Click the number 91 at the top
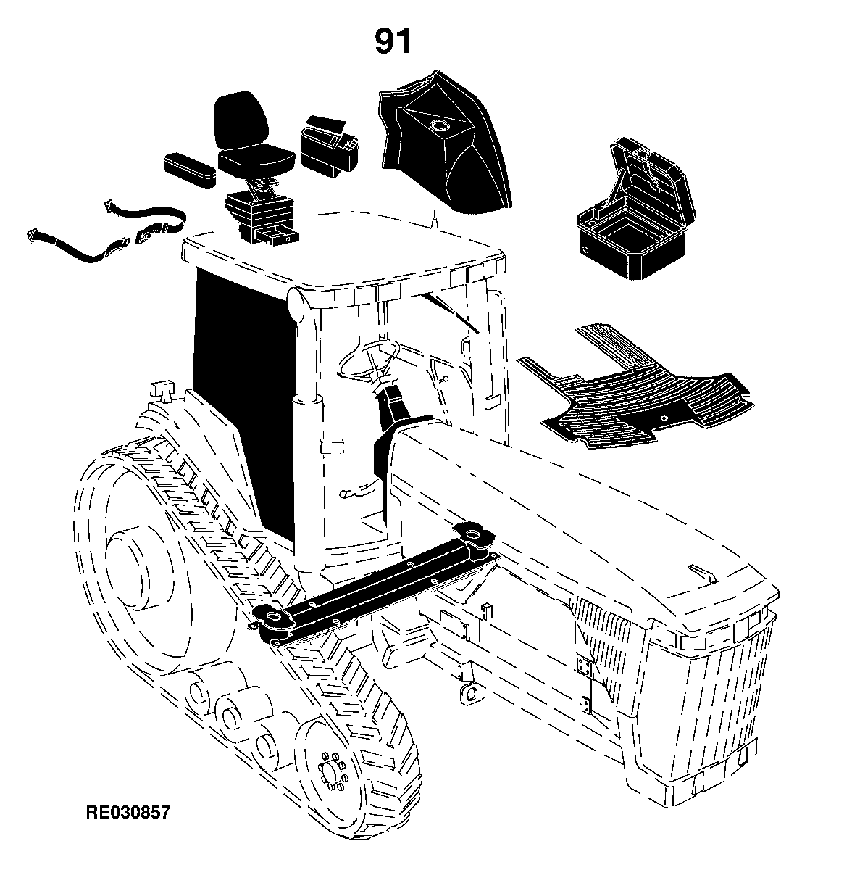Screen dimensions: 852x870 pos(393,41)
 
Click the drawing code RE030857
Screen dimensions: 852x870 pos(128,812)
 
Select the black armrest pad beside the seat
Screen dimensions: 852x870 pos(190,170)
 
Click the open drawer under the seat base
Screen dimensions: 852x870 pos(277,235)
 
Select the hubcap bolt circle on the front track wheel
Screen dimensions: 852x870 pos(332,772)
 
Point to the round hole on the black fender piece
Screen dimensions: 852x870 pos(438,125)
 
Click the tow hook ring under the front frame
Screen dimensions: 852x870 pos(469,692)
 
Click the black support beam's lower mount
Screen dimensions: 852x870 pos(273,621)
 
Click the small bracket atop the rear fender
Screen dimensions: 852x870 pos(162,389)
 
